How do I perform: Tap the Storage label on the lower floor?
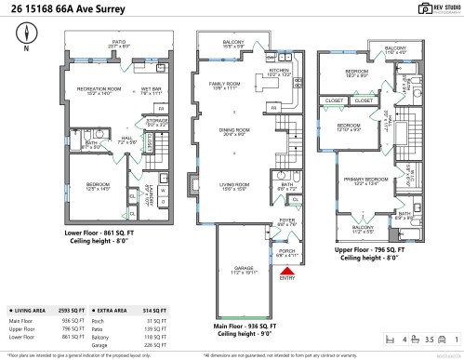[156, 120]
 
